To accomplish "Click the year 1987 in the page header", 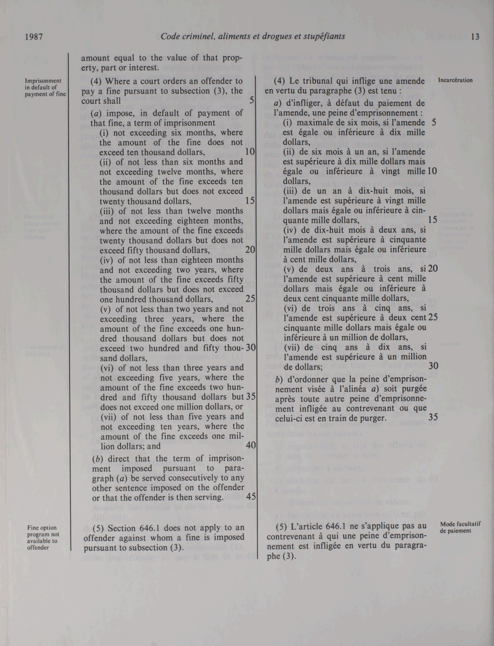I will pyautogui.click(x=34, y=37).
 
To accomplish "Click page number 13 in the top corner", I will pyautogui.click(x=475, y=37).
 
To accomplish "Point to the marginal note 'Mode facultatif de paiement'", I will pyautogui.click(x=460, y=527).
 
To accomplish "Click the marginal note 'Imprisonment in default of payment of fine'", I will pyautogui.click(x=43, y=87).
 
